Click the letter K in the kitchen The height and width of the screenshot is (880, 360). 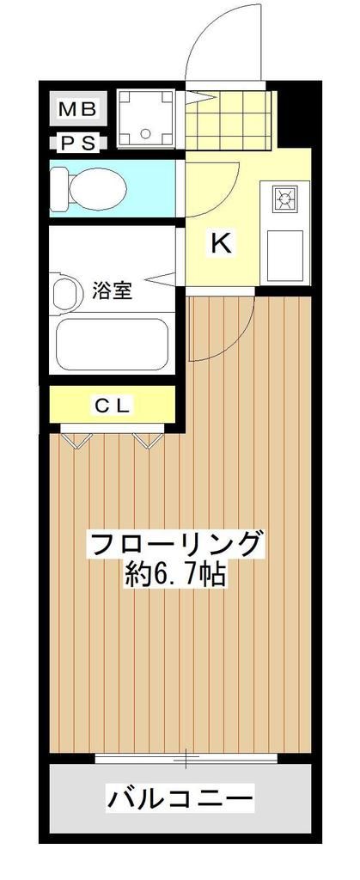(x=221, y=244)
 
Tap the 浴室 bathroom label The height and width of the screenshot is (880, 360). (x=112, y=290)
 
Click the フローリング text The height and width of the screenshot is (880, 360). (x=175, y=543)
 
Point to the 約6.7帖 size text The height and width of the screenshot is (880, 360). (x=175, y=574)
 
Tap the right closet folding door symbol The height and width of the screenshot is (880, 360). (x=148, y=440)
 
